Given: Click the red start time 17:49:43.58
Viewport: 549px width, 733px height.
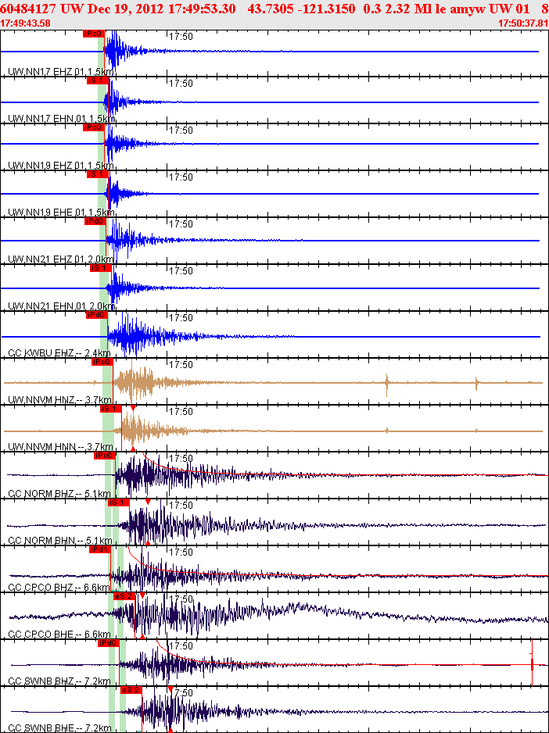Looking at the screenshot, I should pos(25,23).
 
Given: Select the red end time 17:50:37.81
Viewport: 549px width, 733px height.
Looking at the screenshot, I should pos(523,23).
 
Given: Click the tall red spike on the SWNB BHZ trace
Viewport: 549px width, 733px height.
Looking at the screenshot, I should pos(532,663).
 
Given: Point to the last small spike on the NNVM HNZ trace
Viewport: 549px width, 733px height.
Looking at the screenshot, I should pos(477,383).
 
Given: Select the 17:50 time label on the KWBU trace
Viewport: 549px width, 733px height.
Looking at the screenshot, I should pos(181,317).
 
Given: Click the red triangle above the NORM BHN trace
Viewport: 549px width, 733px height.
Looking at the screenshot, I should pos(148,502).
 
